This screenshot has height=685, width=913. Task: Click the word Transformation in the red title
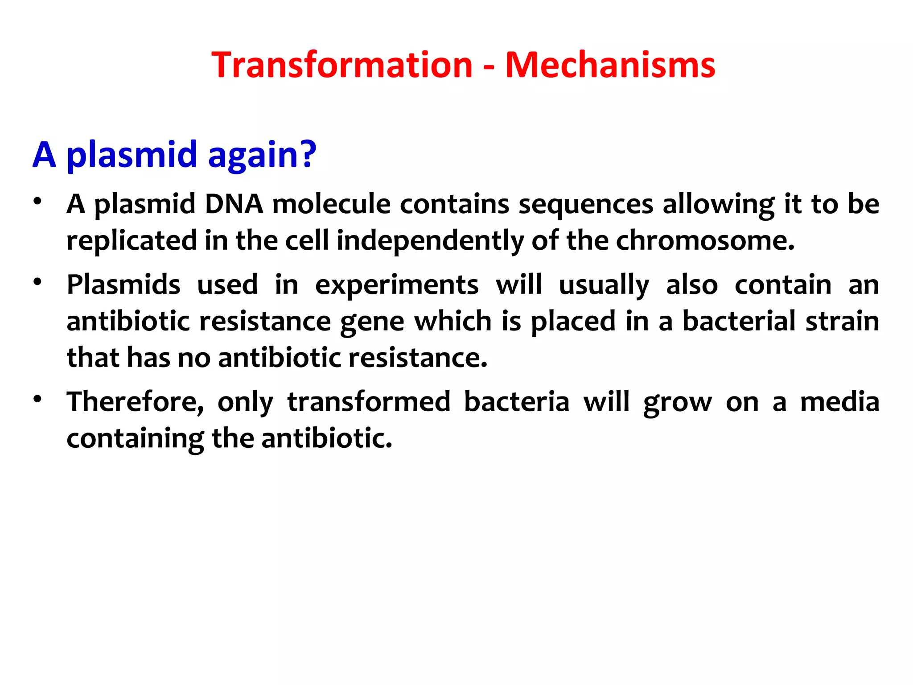point(341,65)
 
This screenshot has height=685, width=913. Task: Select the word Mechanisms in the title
point(610,65)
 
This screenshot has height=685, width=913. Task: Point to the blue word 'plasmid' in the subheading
point(132,155)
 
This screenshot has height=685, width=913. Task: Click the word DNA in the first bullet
point(234,204)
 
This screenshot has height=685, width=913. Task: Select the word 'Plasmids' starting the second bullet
point(123,285)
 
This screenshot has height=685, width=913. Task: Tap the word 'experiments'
point(397,285)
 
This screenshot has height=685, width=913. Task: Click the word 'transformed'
point(369,402)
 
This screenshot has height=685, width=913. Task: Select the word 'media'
point(839,402)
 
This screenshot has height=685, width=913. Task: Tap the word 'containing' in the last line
point(135,439)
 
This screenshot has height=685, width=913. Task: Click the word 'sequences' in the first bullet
point(585,205)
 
